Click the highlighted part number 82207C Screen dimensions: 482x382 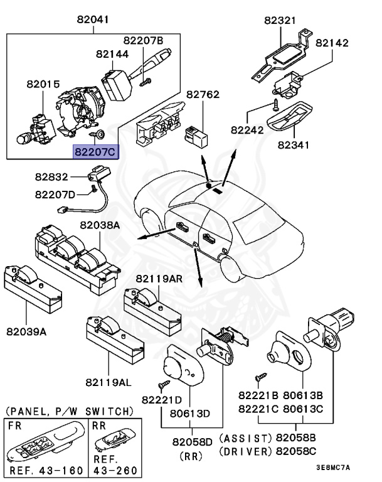[x=95, y=151]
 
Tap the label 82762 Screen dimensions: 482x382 [x=203, y=95]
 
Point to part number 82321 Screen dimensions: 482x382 [x=280, y=20]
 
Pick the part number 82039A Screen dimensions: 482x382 [x=26, y=331]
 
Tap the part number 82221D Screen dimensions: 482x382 [x=162, y=399]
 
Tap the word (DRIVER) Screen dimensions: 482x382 [x=245, y=451]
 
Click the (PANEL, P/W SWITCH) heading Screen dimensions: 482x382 [x=69, y=411]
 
